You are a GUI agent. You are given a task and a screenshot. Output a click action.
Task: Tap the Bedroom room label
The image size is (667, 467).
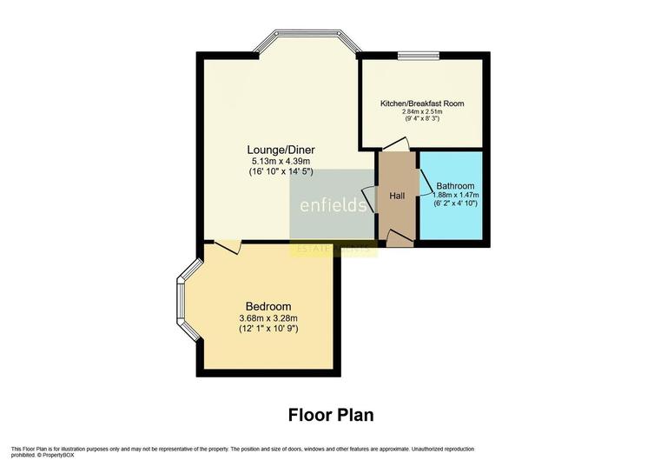268,306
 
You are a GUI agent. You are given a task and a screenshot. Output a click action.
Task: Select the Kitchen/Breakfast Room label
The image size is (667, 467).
422,103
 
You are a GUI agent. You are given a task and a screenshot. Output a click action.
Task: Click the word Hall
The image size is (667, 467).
397,196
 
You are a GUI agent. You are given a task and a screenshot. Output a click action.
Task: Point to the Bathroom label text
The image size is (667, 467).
455,186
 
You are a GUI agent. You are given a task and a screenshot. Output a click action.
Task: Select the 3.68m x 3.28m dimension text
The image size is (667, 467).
268,318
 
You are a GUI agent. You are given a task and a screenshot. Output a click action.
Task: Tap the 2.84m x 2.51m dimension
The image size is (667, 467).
422,112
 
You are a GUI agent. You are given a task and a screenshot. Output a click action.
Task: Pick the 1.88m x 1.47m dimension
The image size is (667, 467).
455,196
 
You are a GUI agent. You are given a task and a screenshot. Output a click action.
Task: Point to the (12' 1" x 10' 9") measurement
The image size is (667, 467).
268,330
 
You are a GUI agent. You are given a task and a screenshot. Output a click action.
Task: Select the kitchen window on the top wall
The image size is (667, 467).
418,56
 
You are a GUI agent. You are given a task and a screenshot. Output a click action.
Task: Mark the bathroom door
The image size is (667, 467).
426,182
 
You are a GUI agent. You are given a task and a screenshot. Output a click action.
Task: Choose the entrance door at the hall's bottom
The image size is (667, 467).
399,237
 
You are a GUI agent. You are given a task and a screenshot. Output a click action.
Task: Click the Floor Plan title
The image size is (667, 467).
331,415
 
